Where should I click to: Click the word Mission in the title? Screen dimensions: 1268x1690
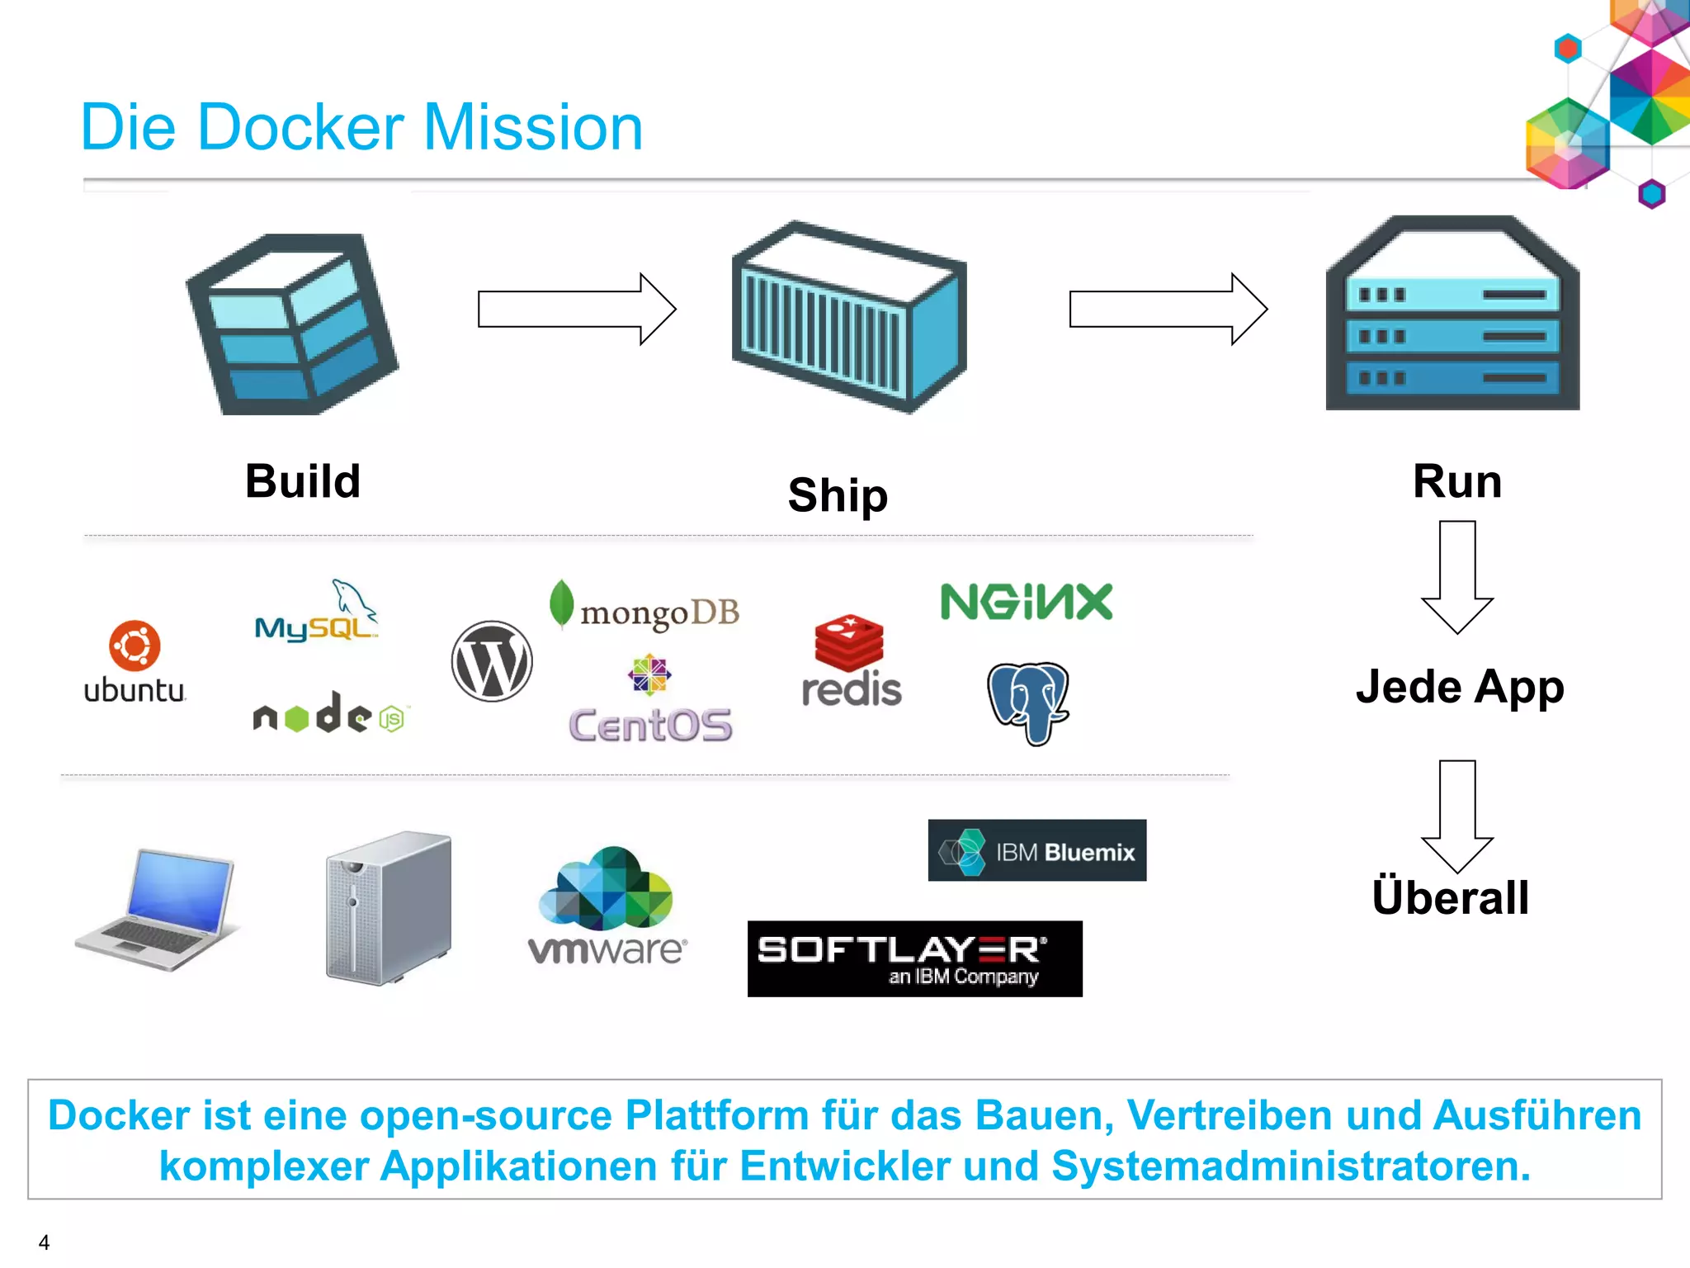coord(532,128)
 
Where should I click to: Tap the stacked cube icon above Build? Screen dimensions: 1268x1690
coord(293,324)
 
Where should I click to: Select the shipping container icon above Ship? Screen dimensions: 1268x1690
coord(849,317)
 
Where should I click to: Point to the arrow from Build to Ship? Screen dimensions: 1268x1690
coord(577,310)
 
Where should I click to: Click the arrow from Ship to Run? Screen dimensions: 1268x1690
coord(1168,310)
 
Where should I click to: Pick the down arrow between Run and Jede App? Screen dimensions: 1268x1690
coord(1457,576)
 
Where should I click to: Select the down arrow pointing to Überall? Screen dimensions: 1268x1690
coord(1457,816)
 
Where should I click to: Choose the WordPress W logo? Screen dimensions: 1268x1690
coord(492,661)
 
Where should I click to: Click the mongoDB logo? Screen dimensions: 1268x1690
coord(644,608)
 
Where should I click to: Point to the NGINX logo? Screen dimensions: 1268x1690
coord(1027,602)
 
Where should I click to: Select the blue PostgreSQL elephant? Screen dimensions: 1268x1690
coord(1028,702)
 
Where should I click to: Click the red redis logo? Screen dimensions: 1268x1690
coord(851,661)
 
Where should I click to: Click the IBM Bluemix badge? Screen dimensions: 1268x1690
coord(1036,850)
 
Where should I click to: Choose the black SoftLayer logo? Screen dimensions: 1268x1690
coord(914,958)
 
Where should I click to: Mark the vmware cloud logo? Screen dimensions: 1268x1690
coord(607,906)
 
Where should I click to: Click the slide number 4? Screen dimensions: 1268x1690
coord(44,1242)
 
